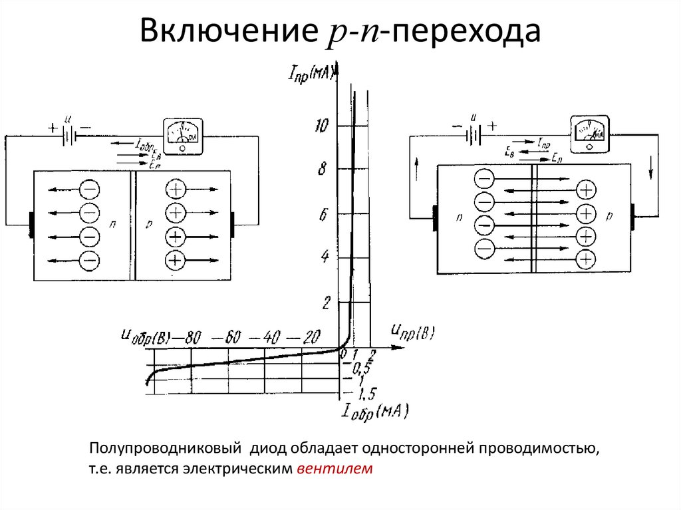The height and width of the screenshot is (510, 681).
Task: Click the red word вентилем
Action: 337,469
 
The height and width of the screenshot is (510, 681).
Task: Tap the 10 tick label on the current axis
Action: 325,126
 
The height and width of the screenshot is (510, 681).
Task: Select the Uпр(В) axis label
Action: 414,332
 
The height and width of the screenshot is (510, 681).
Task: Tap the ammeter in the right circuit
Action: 589,130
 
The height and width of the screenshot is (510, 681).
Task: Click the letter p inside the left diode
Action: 149,225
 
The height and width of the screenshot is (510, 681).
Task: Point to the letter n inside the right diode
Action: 460,217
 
